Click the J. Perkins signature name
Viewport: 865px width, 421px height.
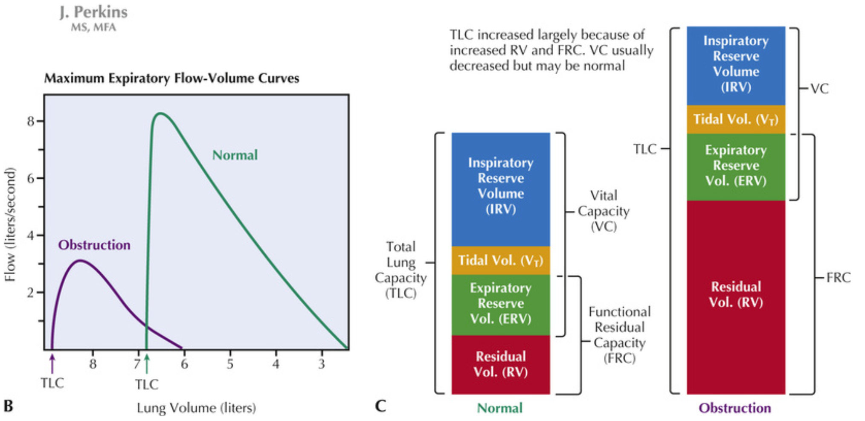(x=93, y=12)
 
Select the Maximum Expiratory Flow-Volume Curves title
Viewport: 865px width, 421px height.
(x=171, y=78)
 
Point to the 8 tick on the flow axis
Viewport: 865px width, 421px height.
(x=31, y=122)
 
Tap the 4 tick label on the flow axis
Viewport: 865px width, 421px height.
(x=31, y=235)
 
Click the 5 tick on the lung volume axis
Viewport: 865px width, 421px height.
(x=230, y=364)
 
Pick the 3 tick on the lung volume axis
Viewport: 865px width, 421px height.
(x=322, y=364)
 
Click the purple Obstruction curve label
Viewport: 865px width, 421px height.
(x=94, y=245)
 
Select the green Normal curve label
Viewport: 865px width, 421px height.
(x=235, y=155)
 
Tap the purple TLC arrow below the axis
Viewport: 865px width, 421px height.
(x=52, y=365)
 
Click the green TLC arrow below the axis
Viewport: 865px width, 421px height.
(x=147, y=365)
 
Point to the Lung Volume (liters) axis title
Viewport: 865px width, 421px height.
(x=196, y=408)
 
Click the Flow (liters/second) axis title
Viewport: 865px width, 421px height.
(x=10, y=224)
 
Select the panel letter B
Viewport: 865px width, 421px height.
(x=8, y=406)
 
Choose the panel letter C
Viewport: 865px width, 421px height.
(x=380, y=406)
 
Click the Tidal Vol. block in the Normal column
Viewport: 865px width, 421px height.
(x=501, y=261)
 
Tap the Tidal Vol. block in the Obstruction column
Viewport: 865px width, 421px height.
(x=736, y=119)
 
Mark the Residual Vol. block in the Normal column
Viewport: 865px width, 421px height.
(x=501, y=364)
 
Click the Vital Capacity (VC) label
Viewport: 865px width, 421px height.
(x=604, y=211)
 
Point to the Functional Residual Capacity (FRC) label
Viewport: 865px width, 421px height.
(x=619, y=335)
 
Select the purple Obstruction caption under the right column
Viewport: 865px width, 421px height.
(x=735, y=408)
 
